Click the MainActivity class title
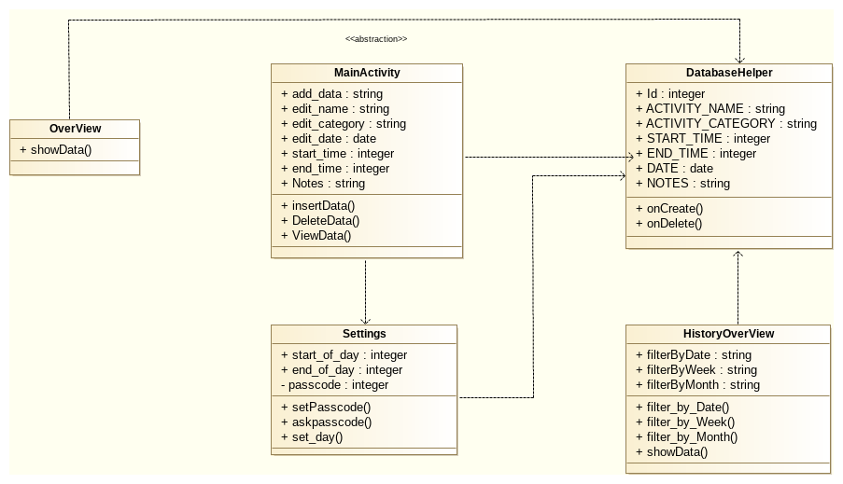pyautogui.click(x=367, y=73)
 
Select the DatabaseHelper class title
pyautogui.click(x=728, y=73)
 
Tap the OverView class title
pyautogui.click(x=75, y=129)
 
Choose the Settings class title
pyautogui.click(x=364, y=333)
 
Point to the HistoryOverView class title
pyautogui.click(x=728, y=334)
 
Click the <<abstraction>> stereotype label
pyautogui.click(x=375, y=39)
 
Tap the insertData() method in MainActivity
pyautogui.click(x=317, y=206)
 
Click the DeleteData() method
pyautogui.click(x=319, y=221)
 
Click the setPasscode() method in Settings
pyautogui.click(x=326, y=407)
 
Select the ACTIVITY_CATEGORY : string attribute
pyautogui.click(x=725, y=124)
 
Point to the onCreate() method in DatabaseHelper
pyautogui.click(x=668, y=209)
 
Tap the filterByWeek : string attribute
pyautogui.click(x=695, y=370)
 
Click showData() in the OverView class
pyautogui.click(x=56, y=150)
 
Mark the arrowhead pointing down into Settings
pyautogui.click(x=365, y=319)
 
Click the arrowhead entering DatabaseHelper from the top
pyautogui.click(x=739, y=58)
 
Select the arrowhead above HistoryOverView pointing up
pyautogui.click(x=738, y=255)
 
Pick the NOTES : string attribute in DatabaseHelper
pyautogui.click(x=682, y=184)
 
